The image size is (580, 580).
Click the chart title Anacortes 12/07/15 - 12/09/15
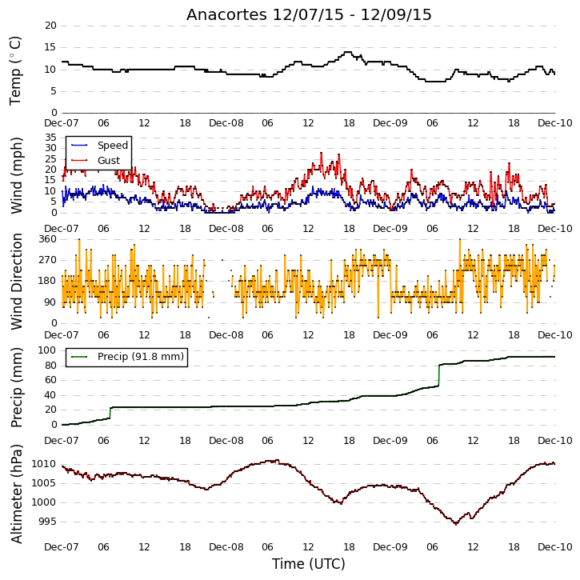click(x=309, y=14)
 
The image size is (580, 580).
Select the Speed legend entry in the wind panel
click(x=99, y=146)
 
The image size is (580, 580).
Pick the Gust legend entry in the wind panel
click(x=95, y=161)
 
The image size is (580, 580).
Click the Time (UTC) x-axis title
click(x=309, y=564)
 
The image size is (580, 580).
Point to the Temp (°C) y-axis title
click(x=15, y=70)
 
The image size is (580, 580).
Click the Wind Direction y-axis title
click(x=16, y=281)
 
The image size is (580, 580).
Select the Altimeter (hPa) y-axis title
click(x=16, y=494)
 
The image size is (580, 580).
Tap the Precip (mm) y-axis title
click(x=16, y=387)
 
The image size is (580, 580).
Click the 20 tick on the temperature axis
click(x=50, y=26)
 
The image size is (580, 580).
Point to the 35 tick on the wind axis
click(x=50, y=138)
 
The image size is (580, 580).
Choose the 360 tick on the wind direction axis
click(x=48, y=239)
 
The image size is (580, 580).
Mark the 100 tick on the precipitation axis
click(x=48, y=350)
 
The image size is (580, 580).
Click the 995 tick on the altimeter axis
click(x=48, y=522)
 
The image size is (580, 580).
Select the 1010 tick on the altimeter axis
click(x=44, y=464)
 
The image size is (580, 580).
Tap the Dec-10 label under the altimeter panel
click(x=555, y=546)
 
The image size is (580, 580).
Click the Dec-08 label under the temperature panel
click(x=226, y=123)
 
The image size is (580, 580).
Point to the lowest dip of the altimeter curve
click(x=456, y=524)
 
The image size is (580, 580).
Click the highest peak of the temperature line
click(x=348, y=52)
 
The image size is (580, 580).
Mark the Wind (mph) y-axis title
click(x=16, y=175)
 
